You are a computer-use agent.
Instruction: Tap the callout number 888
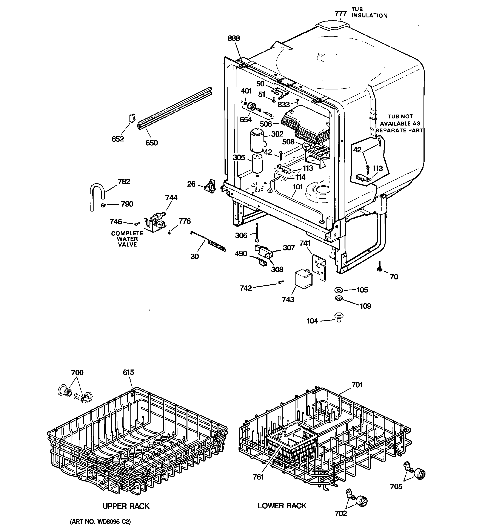coord(234,38)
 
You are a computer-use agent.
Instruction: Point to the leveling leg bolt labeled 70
coord(379,267)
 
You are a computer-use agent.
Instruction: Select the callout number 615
coord(128,372)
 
